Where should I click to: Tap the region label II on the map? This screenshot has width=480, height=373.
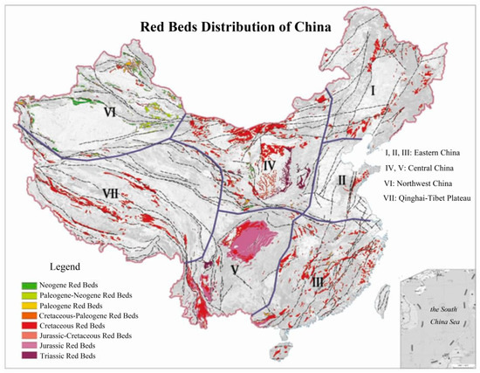[343, 181]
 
